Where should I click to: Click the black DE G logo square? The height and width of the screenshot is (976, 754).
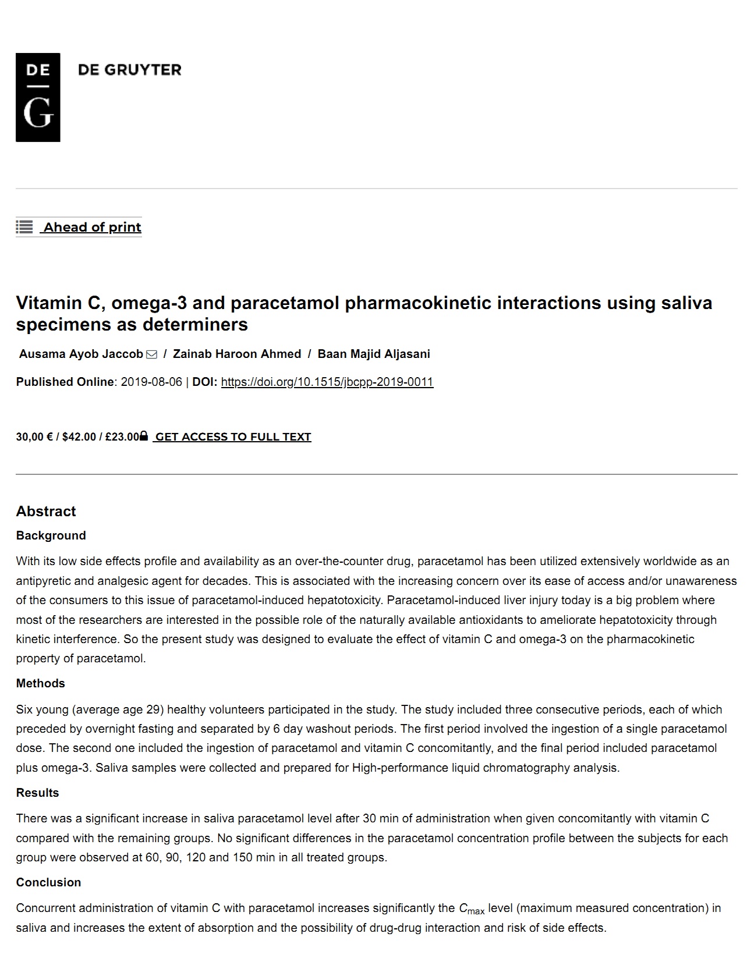[x=38, y=97]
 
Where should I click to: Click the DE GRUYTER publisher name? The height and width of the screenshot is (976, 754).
[x=129, y=70]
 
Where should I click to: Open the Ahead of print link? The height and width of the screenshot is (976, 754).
[x=93, y=227]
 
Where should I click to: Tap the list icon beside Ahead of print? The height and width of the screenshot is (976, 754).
[x=24, y=227]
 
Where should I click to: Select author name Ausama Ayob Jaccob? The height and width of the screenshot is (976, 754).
[x=81, y=354]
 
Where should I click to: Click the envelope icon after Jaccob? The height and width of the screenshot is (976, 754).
[x=151, y=354]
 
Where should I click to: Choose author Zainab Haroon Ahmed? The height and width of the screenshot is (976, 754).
[x=237, y=354]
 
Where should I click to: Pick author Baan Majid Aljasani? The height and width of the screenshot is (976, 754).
[x=374, y=354]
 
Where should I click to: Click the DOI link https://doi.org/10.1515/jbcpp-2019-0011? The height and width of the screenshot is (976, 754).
[x=327, y=382]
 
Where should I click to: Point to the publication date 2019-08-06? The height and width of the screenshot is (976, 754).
[x=151, y=382]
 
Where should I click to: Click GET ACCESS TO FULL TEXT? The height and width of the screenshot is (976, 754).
[x=233, y=436]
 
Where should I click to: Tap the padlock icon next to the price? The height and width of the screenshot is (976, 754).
[x=144, y=436]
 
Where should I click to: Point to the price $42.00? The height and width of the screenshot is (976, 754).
[x=79, y=436]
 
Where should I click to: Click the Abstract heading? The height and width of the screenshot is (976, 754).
[x=46, y=511]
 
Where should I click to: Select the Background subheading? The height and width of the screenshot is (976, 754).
[x=51, y=535]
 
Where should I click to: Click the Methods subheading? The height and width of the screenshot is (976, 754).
[x=40, y=683]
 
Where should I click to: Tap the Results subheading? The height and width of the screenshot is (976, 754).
[x=37, y=793]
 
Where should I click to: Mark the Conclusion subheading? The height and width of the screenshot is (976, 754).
[x=48, y=882]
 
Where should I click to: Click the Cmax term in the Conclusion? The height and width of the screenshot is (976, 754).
[x=471, y=909]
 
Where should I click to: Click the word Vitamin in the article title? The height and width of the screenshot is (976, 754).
[x=49, y=303]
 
